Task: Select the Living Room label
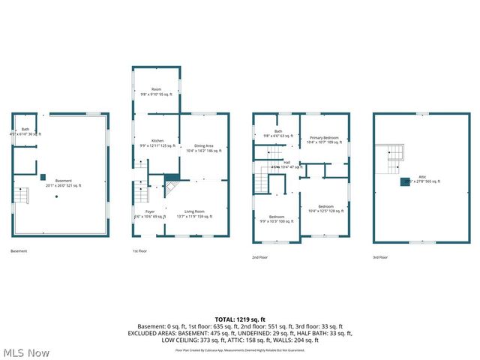(x=195, y=214)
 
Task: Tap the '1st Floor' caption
(x=139, y=250)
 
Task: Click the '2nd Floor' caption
(x=259, y=257)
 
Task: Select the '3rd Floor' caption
(x=380, y=257)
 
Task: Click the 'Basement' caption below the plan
(x=19, y=250)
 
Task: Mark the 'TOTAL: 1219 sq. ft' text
(x=239, y=319)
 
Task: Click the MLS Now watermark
(x=26, y=352)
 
